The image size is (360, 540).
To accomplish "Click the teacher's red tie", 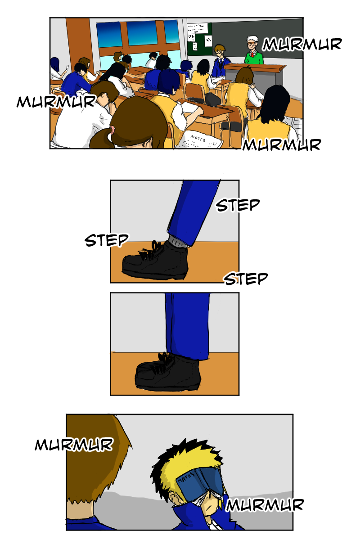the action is (x=252, y=54).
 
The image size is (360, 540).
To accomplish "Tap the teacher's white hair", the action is (x=252, y=39).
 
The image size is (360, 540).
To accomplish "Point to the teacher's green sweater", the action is (x=254, y=58).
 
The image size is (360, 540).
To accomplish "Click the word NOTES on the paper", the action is (x=198, y=139).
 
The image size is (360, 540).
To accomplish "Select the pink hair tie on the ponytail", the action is (x=112, y=129).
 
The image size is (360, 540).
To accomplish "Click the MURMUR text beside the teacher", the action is (x=302, y=45).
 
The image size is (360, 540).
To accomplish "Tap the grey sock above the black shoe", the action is (x=177, y=241).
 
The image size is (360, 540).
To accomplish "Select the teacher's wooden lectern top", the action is (x=255, y=67).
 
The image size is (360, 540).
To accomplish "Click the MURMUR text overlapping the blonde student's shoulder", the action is (x=265, y=504).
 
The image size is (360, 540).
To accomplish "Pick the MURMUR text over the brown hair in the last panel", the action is (x=74, y=444).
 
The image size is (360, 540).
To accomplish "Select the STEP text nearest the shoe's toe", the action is (x=106, y=240).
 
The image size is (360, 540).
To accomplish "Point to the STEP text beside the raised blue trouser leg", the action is (x=238, y=205).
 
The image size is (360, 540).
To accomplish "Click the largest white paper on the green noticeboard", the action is (x=198, y=28).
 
